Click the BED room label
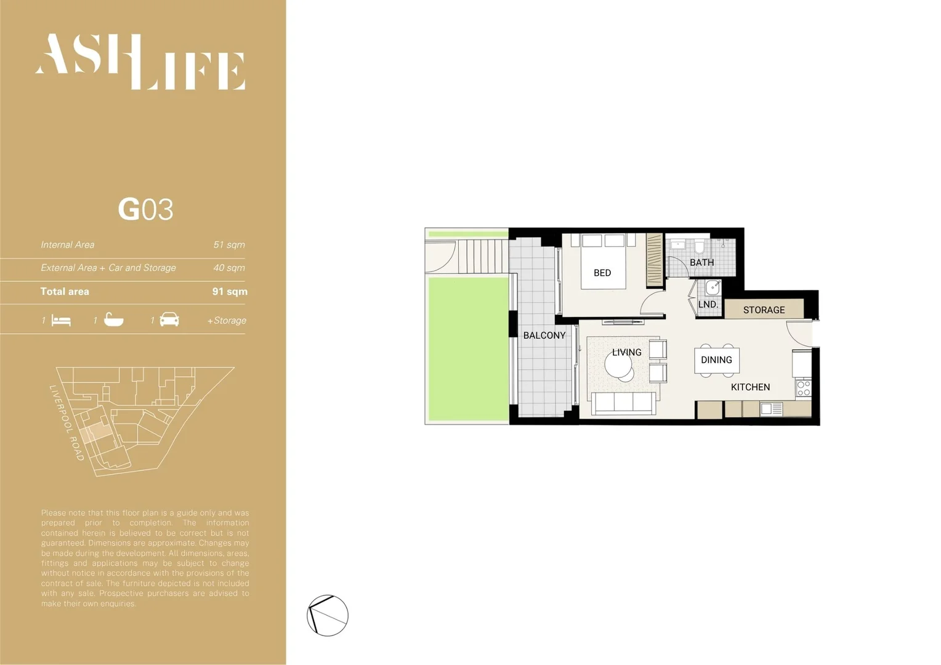tap(602, 273)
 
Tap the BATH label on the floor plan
tap(701, 262)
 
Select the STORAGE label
tap(764, 310)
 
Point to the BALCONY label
tap(544, 335)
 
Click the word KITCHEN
tap(750, 387)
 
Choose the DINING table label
tap(716, 360)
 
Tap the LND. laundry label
tap(708, 304)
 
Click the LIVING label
tap(626, 352)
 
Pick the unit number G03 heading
tap(145, 209)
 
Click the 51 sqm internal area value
tap(229, 244)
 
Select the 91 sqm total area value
tap(230, 291)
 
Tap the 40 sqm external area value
tap(229, 268)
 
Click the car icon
tap(169, 320)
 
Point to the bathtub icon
tap(113, 320)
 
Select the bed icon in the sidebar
tap(62, 321)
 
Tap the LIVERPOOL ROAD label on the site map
tap(67, 422)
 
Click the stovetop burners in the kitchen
tap(804, 388)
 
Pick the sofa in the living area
tap(623, 403)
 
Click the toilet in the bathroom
tap(699, 246)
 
